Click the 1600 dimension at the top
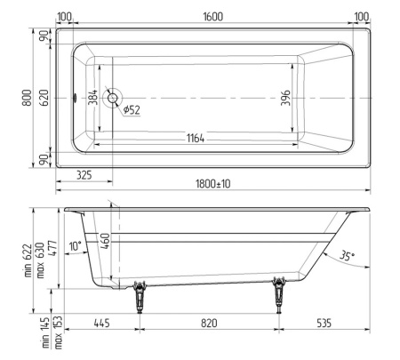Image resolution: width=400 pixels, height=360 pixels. point(212,17)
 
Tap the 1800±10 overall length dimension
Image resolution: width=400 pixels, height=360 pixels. point(212,184)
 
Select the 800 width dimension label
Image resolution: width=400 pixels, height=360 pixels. point(27,98)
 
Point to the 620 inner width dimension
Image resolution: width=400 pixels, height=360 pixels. point(44,98)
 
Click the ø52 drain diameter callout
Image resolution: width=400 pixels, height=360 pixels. point(132,110)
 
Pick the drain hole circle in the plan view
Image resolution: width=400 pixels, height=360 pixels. point(113,98)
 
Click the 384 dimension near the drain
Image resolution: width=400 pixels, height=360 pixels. point(92,97)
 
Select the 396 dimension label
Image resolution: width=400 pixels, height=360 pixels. point(285,98)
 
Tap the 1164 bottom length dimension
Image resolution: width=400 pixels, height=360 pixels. point(196,138)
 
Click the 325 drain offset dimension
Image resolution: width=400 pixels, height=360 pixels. point(84,175)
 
